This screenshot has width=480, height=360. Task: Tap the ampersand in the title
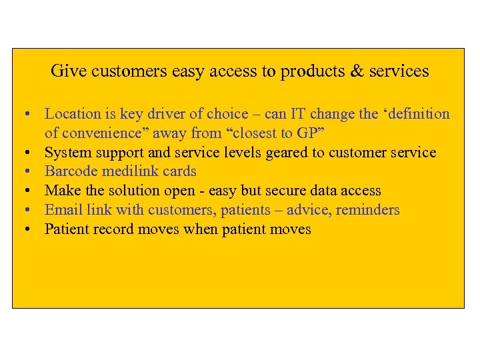coord(358,71)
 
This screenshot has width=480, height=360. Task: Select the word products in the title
coord(312,71)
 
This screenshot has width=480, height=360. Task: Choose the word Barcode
coord(71,172)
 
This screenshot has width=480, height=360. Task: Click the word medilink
coord(129,172)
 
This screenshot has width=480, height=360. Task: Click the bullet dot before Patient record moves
coord(31,230)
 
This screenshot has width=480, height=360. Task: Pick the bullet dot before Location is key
coord(31,115)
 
